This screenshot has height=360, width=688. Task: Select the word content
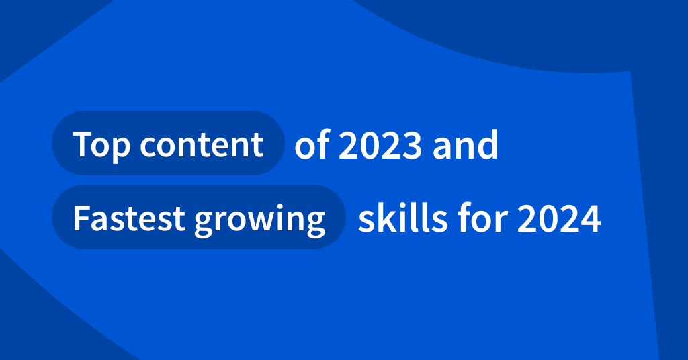(202, 144)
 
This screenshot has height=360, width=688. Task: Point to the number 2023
(380, 146)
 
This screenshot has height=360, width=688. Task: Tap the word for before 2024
(472, 218)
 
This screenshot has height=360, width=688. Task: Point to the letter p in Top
(119, 148)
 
